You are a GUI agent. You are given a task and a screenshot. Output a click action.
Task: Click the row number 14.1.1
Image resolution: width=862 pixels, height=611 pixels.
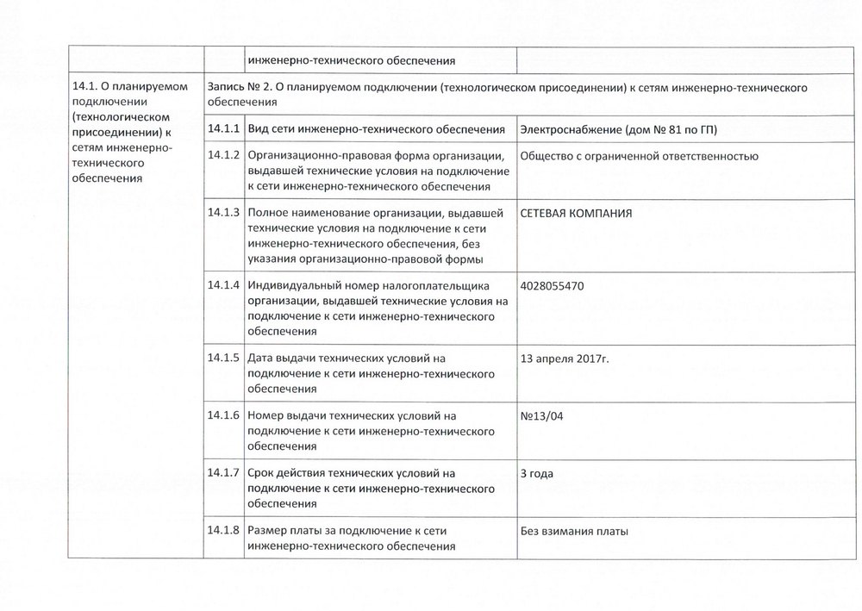tap(222, 129)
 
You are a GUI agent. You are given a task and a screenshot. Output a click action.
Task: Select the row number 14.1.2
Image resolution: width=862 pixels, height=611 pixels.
tap(222, 156)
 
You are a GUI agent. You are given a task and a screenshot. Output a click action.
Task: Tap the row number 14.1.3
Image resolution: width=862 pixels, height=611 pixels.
tap(222, 213)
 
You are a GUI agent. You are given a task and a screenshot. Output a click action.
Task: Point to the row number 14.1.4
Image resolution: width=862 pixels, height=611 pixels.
tap(222, 285)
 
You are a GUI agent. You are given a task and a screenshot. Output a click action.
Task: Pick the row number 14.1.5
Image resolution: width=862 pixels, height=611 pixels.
tap(222, 358)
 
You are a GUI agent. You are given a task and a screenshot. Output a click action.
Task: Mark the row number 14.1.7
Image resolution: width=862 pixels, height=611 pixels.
tap(222, 473)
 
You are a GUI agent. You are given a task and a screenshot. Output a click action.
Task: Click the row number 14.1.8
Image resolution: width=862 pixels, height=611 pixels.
tap(222, 530)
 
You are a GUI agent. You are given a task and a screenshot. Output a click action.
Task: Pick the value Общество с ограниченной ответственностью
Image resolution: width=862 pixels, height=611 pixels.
tap(639, 157)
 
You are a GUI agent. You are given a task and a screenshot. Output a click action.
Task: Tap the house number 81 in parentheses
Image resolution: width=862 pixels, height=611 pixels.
tap(678, 130)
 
